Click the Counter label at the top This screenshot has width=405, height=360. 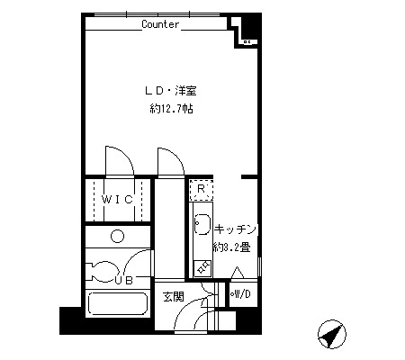[160, 24]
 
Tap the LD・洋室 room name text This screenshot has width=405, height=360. [171, 91]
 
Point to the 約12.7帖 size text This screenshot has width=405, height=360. [171, 109]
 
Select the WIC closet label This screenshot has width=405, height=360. [117, 200]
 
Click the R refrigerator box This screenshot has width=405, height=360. [202, 190]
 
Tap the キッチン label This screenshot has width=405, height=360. [236, 229]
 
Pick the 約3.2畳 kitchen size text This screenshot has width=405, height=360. [231, 247]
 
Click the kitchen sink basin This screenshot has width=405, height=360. [202, 224]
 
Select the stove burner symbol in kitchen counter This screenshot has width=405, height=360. [203, 268]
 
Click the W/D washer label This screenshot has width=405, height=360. [241, 294]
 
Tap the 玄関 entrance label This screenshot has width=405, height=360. [174, 297]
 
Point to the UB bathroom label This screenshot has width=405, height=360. [124, 281]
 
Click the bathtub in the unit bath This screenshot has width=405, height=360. [118, 303]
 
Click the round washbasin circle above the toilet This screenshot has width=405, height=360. [117, 236]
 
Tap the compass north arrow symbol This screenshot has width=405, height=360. [332, 335]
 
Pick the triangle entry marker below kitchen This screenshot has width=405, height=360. [238, 273]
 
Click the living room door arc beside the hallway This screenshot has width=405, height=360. [177, 155]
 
